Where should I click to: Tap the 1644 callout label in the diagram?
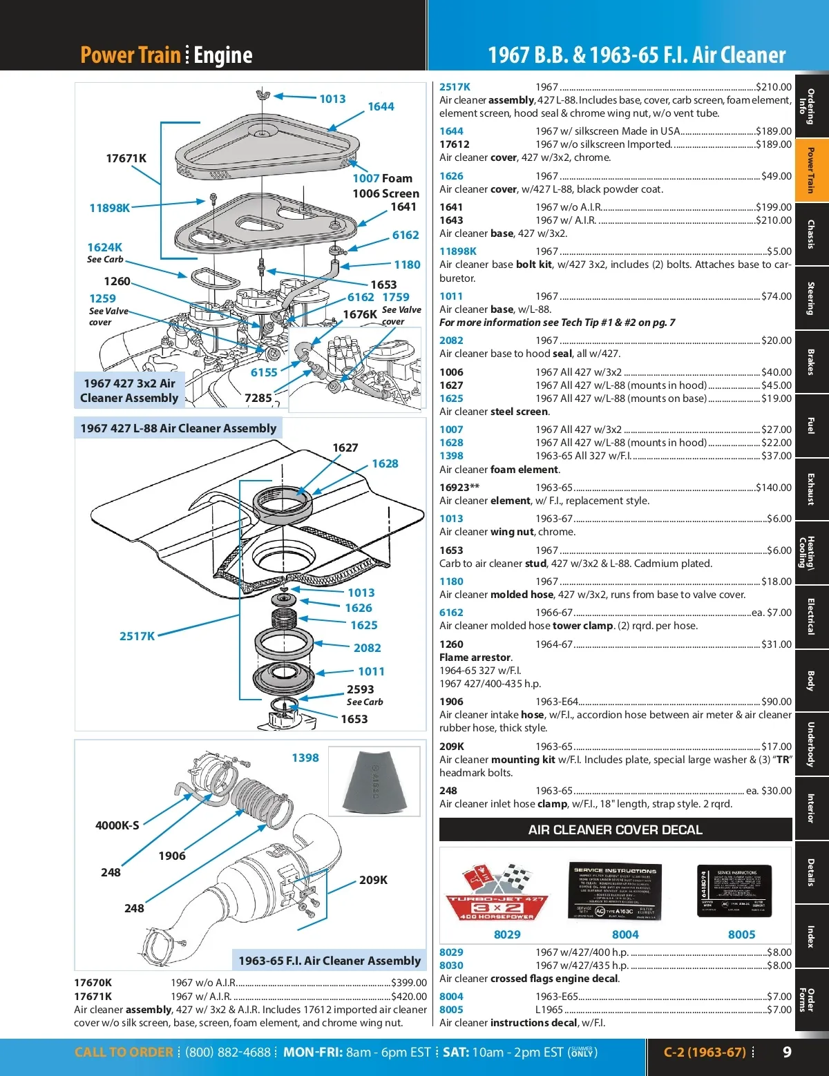pyautogui.click(x=381, y=106)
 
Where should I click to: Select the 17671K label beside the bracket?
pyautogui.click(x=126, y=158)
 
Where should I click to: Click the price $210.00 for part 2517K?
pyautogui.click(x=774, y=87)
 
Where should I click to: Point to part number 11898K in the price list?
pyautogui.click(x=458, y=251)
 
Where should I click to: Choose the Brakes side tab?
pyautogui.click(x=811, y=362)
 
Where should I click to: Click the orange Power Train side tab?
pyautogui.click(x=811, y=170)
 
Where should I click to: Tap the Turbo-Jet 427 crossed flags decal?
pyautogui.click(x=497, y=892)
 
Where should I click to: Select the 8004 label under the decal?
pyautogui.click(x=625, y=934)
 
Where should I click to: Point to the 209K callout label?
pyautogui.click(x=373, y=880)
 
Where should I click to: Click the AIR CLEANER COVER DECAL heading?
pyautogui.click(x=615, y=829)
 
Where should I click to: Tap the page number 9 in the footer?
pyautogui.click(x=787, y=1052)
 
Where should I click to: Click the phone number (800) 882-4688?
pyautogui.click(x=228, y=1052)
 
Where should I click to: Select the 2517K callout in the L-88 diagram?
pyautogui.click(x=137, y=636)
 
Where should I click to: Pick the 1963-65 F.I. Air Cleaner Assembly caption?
pyautogui.click(x=329, y=961)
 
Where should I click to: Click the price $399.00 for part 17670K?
pyautogui.click(x=409, y=983)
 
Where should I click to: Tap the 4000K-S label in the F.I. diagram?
pyautogui.click(x=117, y=825)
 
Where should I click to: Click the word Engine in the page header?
pyautogui.click(x=223, y=55)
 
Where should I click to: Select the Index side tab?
pyautogui.click(x=811, y=937)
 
